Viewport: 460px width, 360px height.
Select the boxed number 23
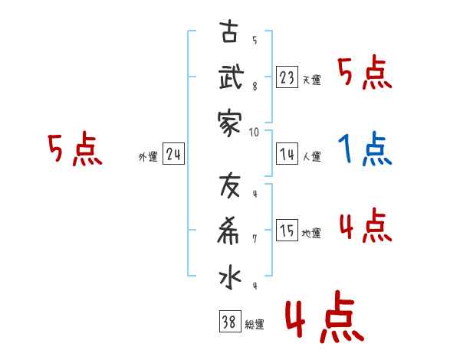(287, 77)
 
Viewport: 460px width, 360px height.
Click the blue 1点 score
(365, 149)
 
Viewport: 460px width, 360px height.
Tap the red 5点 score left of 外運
(74, 149)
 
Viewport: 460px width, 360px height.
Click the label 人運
(312, 157)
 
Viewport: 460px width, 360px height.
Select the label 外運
(147, 157)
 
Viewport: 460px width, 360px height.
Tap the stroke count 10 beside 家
(254, 132)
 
